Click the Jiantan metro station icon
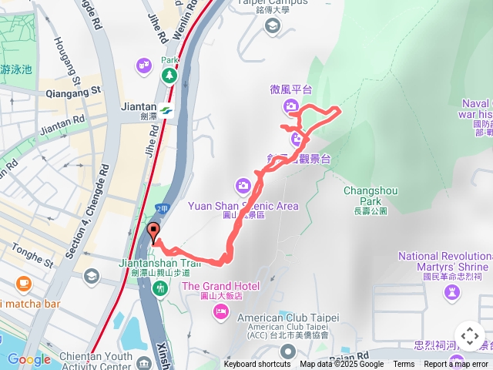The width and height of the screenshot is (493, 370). click(x=166, y=110)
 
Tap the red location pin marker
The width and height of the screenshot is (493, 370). click(x=153, y=233)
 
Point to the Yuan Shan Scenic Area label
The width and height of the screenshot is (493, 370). click(x=243, y=206)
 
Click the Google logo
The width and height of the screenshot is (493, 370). click(x=29, y=359)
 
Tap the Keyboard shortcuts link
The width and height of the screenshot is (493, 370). click(x=257, y=365)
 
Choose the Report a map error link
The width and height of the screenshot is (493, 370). click(x=456, y=365)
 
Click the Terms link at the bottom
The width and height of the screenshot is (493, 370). click(x=404, y=365)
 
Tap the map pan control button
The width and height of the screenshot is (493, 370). click(x=470, y=337)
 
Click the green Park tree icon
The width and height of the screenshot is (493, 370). click(x=169, y=75)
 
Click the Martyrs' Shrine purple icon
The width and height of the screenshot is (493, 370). click(x=451, y=291)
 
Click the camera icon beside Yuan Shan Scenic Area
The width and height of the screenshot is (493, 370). click(x=243, y=185)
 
